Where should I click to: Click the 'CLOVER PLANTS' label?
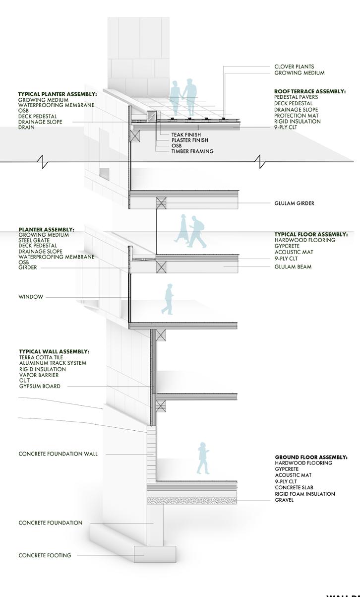point(294,66)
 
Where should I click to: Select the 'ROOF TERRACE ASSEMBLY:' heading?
point(309,91)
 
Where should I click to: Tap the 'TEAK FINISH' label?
point(186,134)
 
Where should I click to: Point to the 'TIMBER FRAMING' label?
point(192,151)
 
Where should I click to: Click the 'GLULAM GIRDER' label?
point(294,203)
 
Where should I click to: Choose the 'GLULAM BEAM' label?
point(293,267)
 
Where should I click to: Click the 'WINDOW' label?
point(31,297)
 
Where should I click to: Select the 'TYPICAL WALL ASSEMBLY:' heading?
point(54,351)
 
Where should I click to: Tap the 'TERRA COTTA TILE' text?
point(41,357)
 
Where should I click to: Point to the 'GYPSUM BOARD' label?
point(40,386)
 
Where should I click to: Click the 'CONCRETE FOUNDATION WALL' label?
point(58,454)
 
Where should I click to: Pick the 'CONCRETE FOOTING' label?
point(45,555)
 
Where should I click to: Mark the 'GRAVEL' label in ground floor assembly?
point(284,500)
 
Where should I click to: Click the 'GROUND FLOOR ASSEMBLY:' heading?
point(311,457)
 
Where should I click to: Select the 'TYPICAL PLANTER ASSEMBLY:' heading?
point(58,94)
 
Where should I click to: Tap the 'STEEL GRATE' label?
point(37,240)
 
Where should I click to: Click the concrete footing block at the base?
point(155,554)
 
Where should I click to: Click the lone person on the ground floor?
point(203,458)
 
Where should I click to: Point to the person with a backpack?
point(197,232)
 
